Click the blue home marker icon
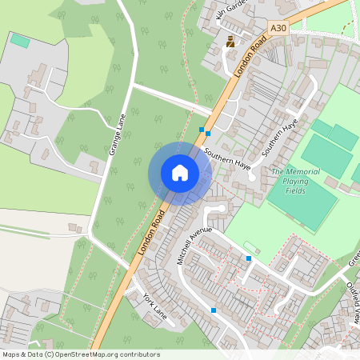(180, 173)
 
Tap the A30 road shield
(278, 28)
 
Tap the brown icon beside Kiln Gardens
(231, 42)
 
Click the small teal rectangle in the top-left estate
(19, 40)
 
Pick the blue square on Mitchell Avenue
(250, 258)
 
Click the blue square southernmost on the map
(214, 310)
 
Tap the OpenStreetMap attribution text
(81, 354)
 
